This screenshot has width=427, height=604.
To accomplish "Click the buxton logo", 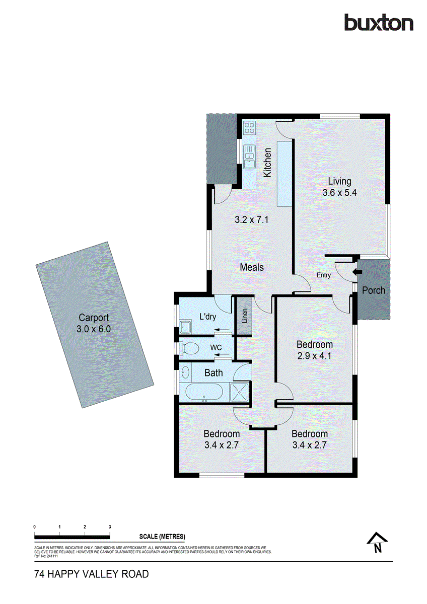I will pos(379,23).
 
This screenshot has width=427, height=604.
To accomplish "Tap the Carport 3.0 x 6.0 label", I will pos(94,324).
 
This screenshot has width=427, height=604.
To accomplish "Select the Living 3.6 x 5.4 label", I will pos(339,187).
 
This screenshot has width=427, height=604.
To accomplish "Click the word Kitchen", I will pos(268,162).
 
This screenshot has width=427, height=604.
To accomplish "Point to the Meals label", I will pos(251,267).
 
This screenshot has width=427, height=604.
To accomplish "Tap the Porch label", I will pos(373,290).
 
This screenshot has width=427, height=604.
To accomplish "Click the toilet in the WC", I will pos(190,348).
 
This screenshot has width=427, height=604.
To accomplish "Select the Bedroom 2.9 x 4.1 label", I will pos(314,350).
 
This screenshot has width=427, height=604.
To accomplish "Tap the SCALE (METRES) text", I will pos(162,536).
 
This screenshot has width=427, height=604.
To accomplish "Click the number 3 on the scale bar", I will pos(110,526).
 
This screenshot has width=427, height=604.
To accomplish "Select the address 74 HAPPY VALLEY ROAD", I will pos(91,574).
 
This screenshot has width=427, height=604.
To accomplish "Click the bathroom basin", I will pos(185,373).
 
